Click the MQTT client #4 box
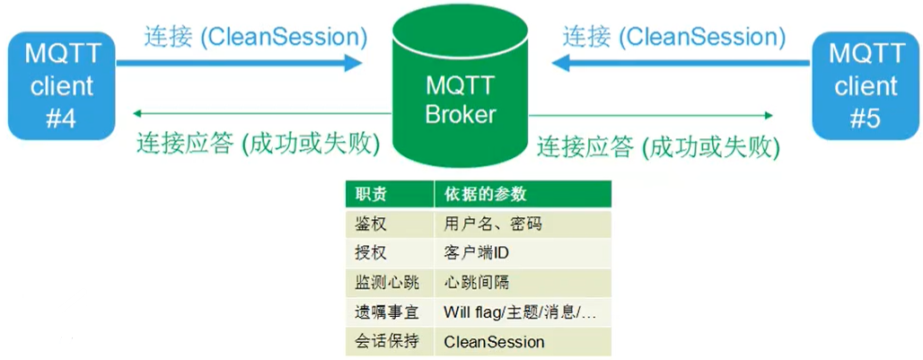tap(61, 85)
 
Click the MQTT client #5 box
tap(866, 85)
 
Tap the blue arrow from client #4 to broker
tap(239, 63)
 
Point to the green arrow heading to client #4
tap(260, 114)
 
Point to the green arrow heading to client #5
tap(651, 114)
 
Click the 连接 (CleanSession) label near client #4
tap(256, 37)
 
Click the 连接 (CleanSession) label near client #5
tap(673, 37)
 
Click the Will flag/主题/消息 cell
tap(520, 312)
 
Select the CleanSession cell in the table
tap(494, 342)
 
